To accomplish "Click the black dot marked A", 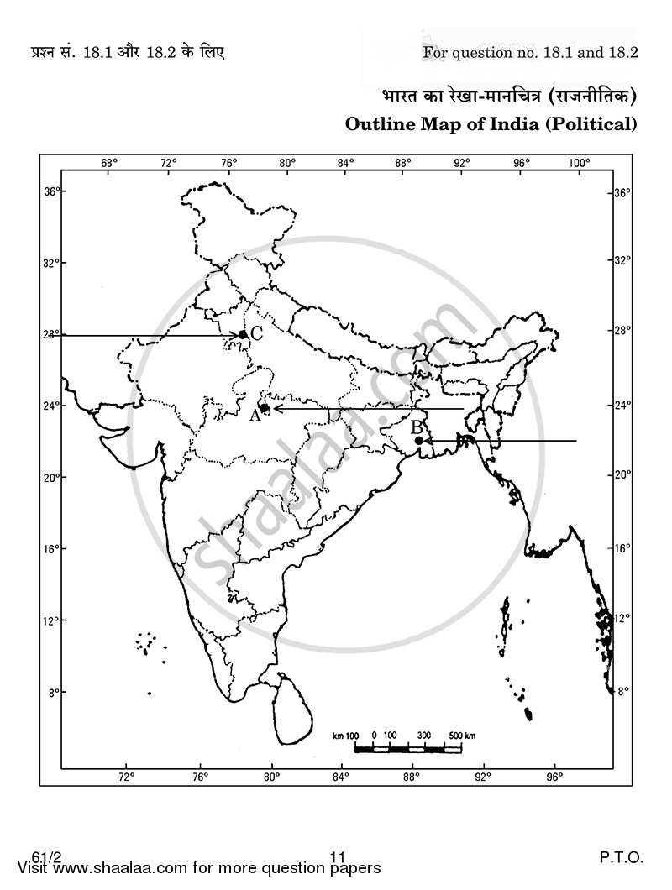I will coord(264,408).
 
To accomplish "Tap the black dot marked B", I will coord(418,440).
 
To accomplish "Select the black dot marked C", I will coord(242,334).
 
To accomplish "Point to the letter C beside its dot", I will coord(257,333).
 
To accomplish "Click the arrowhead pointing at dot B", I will coord(428,440).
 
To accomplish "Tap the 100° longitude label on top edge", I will coord(580,163).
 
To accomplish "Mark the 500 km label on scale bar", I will coord(462,736).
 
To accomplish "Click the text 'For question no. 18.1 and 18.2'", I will coord(531,52).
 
